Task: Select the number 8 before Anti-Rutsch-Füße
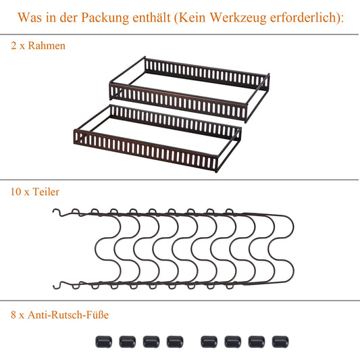coord(14,314)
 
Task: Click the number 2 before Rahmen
coord(14,47)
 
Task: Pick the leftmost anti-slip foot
coord(104,342)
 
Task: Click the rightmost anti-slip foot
coord(279,342)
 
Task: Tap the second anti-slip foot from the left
coord(128,342)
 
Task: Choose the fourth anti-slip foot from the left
coord(175,342)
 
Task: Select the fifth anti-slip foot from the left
coord(209,342)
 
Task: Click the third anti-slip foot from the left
coord(151,342)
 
